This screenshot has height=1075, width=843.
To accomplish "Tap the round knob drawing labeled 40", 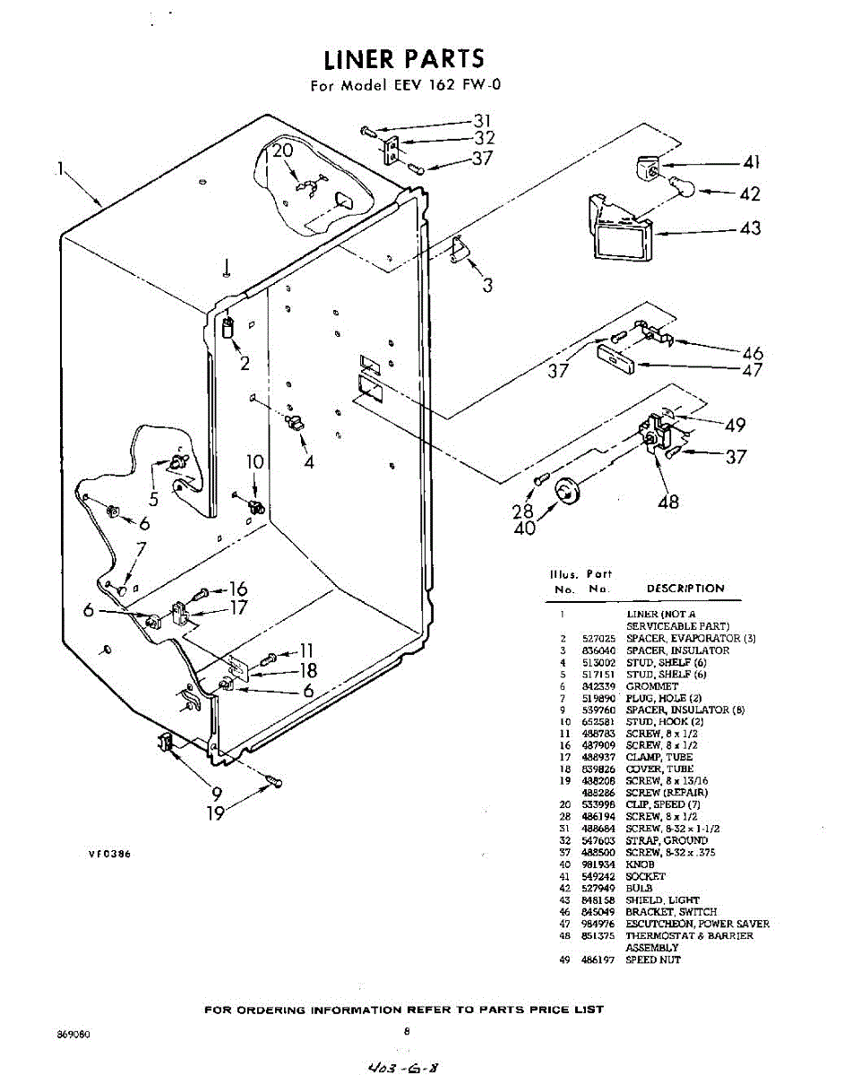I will (566, 491).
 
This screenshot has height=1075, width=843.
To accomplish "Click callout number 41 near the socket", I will (751, 163).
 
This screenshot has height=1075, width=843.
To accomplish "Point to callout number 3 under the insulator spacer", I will (487, 287).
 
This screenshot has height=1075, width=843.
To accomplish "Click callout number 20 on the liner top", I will (283, 150).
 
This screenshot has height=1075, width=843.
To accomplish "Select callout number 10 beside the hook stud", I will (255, 462).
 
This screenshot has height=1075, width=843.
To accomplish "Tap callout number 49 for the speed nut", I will (735, 425).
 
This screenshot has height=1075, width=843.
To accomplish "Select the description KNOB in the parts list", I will (641, 864).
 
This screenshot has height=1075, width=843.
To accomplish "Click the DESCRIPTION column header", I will (685, 589).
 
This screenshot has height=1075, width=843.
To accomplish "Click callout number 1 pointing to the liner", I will (60, 168).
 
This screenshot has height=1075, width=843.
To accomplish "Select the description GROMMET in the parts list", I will (652, 686).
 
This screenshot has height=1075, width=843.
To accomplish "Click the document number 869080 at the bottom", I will (73, 1033).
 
